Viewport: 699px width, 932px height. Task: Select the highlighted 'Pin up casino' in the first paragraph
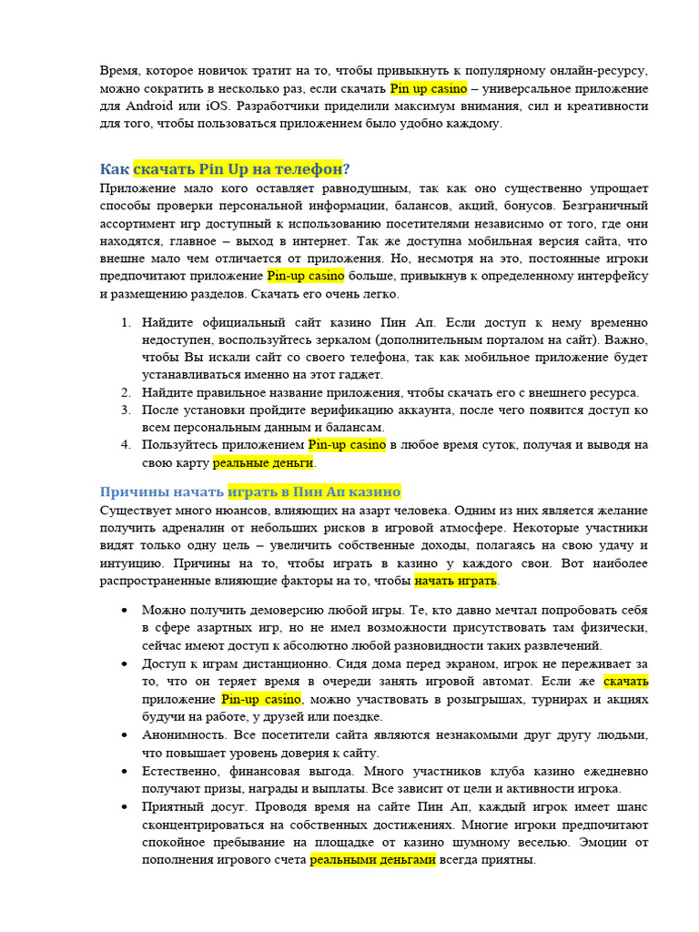(429, 89)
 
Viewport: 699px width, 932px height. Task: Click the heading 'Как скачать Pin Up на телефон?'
(224, 169)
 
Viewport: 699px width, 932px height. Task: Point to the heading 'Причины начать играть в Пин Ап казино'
(249, 492)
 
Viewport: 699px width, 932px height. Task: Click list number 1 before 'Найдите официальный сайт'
(125, 323)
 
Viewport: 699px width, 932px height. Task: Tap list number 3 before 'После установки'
(125, 410)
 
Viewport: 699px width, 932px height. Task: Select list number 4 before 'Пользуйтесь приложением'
(125, 445)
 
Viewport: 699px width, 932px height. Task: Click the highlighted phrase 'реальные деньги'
(263, 463)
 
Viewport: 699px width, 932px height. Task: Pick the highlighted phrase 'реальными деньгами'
(373, 859)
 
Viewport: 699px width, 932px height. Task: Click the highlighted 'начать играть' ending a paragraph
(457, 581)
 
